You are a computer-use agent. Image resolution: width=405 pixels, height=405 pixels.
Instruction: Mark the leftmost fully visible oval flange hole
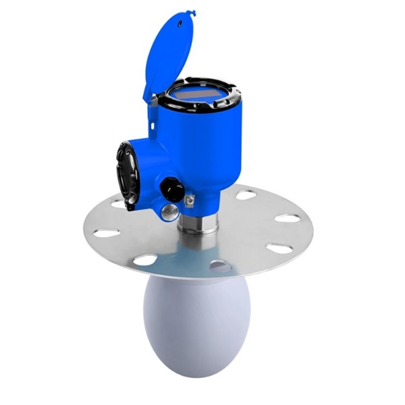click(106, 234)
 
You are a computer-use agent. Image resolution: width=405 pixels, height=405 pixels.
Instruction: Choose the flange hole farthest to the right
click(288, 219)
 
